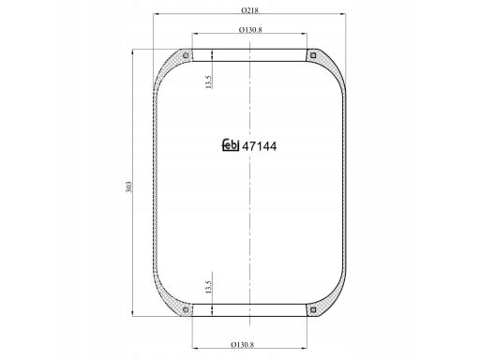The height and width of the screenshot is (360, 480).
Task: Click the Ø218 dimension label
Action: click(249, 10)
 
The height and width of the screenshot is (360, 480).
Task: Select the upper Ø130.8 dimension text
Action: click(250, 30)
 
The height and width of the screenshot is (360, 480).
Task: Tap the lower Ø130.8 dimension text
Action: click(243, 344)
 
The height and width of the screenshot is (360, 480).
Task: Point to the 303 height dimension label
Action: click(128, 187)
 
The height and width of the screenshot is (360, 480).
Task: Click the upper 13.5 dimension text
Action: click(209, 82)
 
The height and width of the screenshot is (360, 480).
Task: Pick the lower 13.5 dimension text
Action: click(209, 287)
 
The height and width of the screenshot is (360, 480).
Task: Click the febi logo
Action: click(231, 144)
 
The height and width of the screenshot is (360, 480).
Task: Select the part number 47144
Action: click(260, 146)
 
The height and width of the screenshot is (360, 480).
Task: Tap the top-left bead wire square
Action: click(186, 56)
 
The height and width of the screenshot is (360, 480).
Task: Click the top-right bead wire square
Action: click(313, 56)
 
